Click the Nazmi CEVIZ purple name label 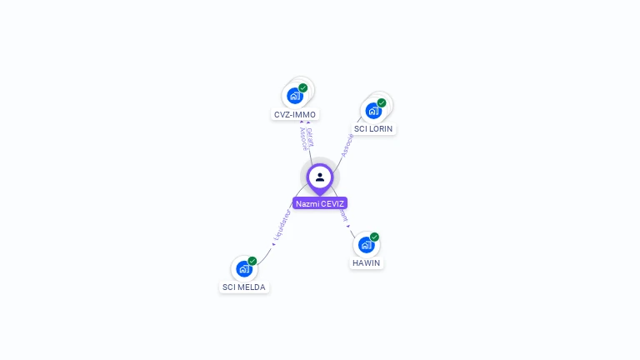tap(320, 203)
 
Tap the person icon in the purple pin tap(320, 177)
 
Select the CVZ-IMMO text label tap(295, 114)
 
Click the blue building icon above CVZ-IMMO tap(295, 96)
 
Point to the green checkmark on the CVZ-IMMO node tap(303, 87)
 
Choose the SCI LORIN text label tap(373, 128)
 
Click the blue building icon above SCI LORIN tap(373, 110)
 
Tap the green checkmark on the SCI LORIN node tap(382, 102)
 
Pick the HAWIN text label tap(367, 262)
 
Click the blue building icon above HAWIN tap(366, 244)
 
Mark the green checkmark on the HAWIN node tap(374, 237)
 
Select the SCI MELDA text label tap(244, 287)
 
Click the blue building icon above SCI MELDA tap(243, 268)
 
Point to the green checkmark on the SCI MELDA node tap(252, 261)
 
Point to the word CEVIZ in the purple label tap(332, 203)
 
